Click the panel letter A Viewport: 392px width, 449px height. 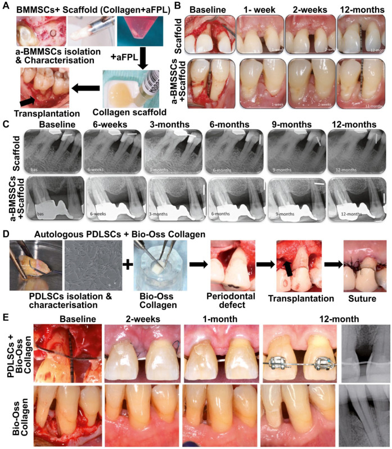coord(6,7)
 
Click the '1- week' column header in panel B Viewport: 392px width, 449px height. coord(259,10)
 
